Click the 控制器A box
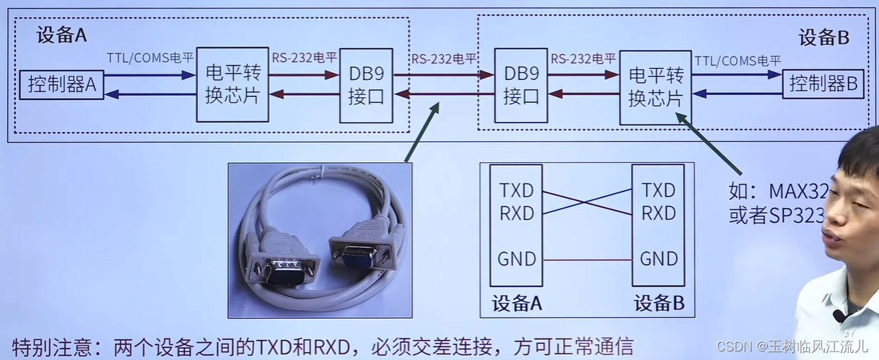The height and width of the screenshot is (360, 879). (61, 85)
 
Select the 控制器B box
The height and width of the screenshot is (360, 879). (823, 84)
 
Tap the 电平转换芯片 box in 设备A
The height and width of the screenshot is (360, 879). (232, 84)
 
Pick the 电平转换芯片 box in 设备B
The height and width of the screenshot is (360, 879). (655, 87)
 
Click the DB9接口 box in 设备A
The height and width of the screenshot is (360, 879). (366, 85)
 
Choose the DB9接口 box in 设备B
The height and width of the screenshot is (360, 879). (521, 85)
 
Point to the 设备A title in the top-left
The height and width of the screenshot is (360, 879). (61, 36)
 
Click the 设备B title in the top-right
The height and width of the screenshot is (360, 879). (823, 38)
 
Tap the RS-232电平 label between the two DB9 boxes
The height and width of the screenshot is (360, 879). (444, 59)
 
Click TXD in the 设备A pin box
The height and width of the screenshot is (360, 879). (517, 190)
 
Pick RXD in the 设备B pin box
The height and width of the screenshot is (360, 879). (658, 213)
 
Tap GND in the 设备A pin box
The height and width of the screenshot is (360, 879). (517, 259)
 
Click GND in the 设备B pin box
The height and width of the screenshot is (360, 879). (658, 259)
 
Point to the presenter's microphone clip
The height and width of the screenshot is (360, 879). (839, 315)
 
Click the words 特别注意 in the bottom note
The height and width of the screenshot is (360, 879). (47, 346)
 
